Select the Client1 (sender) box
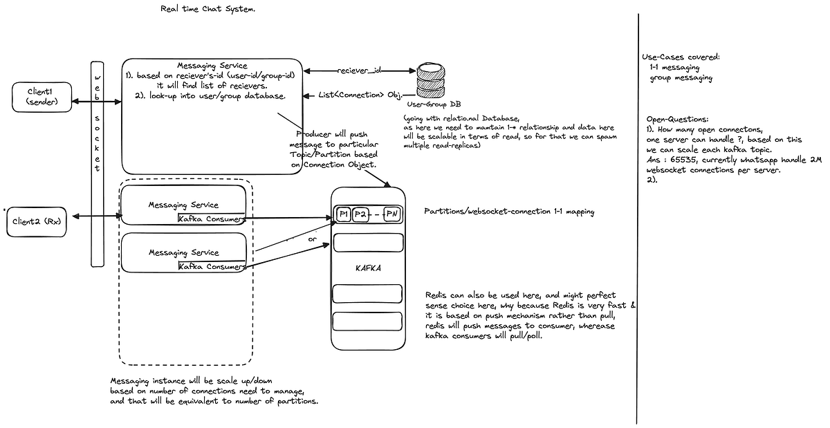(43, 97)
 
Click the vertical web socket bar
(98, 162)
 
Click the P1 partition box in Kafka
(343, 214)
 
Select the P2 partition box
(360, 214)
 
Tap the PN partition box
(392, 214)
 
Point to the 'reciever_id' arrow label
(360, 71)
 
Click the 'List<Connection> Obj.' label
(361, 95)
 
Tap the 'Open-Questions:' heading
(678, 119)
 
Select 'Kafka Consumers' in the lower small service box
(211, 266)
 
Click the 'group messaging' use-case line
(681, 78)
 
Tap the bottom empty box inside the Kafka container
(367, 322)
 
